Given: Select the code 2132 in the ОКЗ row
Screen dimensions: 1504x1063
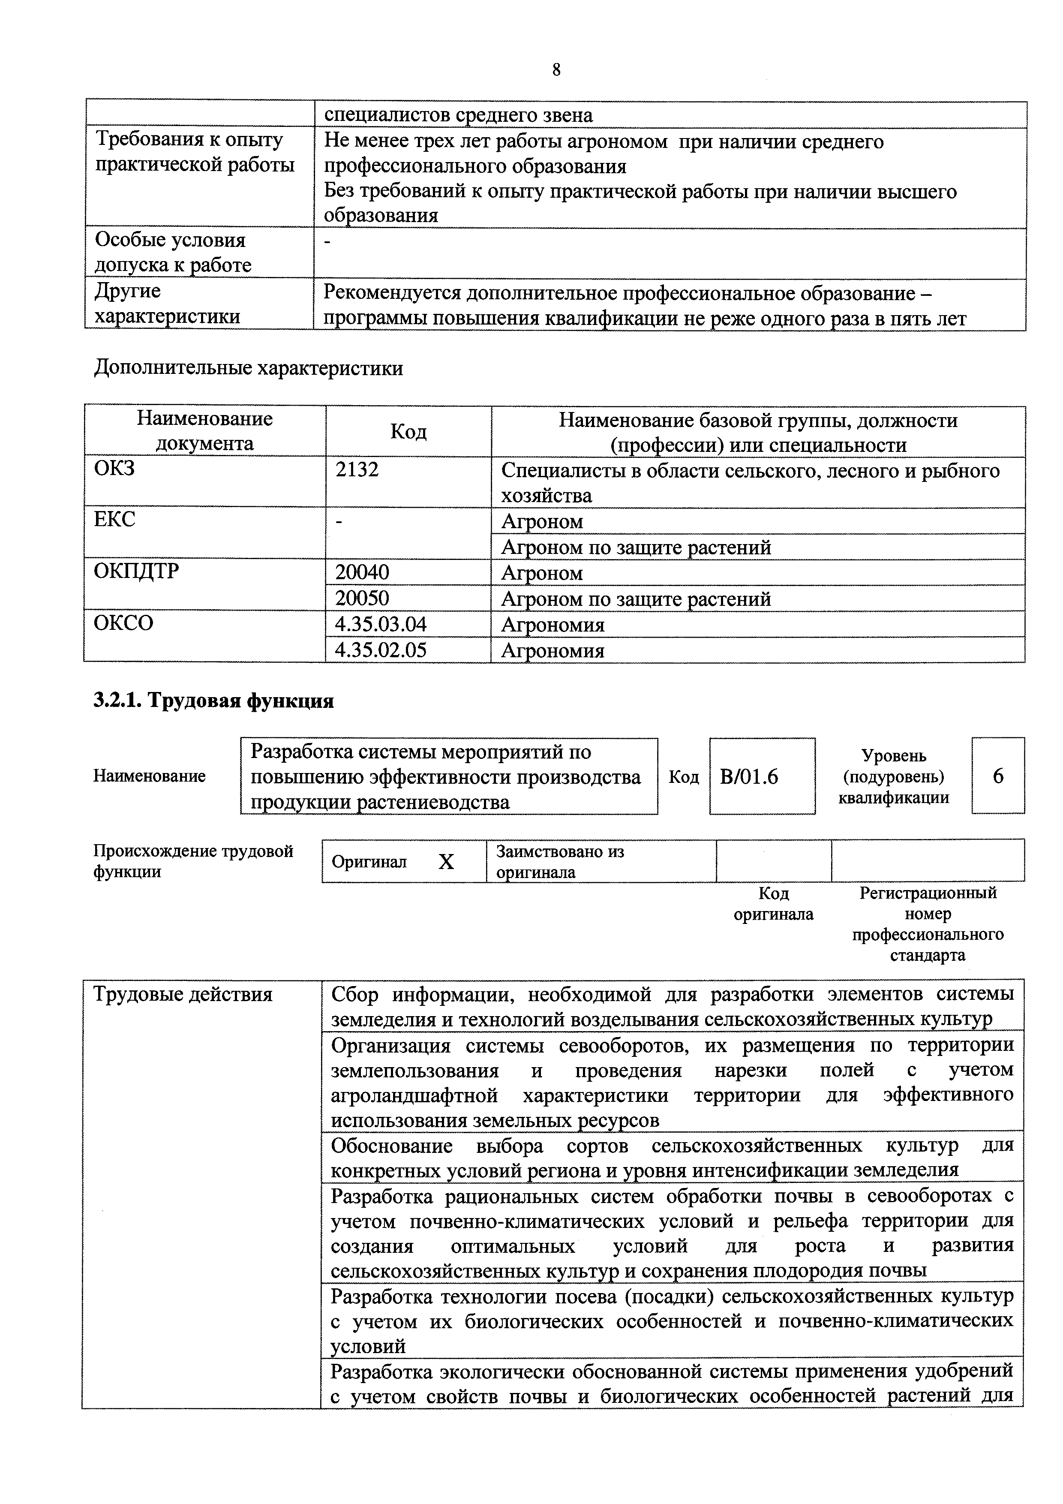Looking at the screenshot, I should point(357,469).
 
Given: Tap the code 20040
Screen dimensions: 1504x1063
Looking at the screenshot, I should point(362,572).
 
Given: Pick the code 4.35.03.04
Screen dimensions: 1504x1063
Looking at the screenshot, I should point(381,624).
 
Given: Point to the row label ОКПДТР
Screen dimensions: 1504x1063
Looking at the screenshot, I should point(136,571).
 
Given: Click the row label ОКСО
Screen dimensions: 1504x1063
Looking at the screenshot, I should point(123,622).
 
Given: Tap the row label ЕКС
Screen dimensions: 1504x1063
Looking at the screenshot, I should point(114,520).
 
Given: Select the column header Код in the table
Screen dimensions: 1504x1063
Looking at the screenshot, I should point(408,432).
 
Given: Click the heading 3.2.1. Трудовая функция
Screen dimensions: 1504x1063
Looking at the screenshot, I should point(213,701).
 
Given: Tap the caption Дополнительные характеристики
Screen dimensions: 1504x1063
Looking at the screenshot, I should point(248,368).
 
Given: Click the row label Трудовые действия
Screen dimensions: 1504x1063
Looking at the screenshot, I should point(183,994).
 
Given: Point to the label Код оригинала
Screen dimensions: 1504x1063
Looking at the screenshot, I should point(774,904).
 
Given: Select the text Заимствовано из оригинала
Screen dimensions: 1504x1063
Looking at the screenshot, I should point(560,861).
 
